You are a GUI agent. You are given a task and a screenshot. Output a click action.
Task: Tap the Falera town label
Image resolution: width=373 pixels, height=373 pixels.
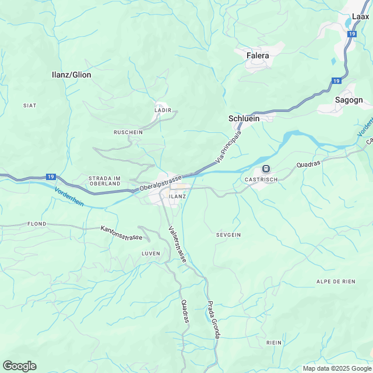pos(258,55)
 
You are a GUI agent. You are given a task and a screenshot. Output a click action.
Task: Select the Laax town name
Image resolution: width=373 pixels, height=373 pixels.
pos(361,17)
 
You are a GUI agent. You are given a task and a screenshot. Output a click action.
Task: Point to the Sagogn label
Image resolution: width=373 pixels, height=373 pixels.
pos(349,100)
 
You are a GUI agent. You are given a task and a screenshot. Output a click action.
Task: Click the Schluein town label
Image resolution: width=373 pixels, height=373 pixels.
pos(243,118)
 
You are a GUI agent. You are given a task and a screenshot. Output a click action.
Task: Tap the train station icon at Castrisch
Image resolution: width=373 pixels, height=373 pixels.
pos(266,169)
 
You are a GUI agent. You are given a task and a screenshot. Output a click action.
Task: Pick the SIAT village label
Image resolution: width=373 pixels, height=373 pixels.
pos(30,105)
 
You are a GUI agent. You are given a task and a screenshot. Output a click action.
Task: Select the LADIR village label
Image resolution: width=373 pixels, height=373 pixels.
pos(163,110)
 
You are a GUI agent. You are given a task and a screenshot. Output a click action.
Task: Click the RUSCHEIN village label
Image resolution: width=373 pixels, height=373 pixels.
pos(128,132)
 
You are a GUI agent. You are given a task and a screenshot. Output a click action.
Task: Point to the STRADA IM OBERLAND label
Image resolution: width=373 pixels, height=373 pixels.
pos(104,181)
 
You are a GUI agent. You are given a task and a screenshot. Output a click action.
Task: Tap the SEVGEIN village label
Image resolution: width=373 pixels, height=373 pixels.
pos(228,234)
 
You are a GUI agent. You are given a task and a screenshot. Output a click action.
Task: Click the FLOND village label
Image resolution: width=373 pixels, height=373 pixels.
pos(36,224)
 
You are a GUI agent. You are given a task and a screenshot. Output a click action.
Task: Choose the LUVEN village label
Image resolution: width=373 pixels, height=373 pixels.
pos(150,254)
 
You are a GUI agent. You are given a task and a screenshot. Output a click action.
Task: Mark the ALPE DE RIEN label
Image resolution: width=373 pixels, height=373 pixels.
pos(335,281)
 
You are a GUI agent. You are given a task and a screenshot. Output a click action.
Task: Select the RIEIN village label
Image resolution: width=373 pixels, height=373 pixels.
pos(273,342)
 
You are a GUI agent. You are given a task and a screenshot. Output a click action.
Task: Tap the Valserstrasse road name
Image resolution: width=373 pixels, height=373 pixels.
pos(177,243)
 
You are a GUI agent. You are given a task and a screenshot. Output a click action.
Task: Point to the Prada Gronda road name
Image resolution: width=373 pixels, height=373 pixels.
pos(213,320)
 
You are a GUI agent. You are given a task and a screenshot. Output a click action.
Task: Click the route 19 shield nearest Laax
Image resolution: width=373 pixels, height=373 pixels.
pos(351,34)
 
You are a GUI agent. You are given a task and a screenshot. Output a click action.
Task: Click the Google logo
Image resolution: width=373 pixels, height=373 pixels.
pos(19,366)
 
